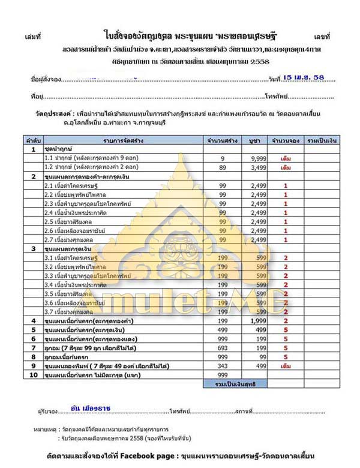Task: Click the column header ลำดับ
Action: [x=33, y=139]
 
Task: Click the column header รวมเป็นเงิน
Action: [x=320, y=139]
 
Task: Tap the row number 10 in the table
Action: [x=34, y=374]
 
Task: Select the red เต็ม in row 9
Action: [x=286, y=365]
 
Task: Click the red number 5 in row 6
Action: [x=286, y=338]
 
